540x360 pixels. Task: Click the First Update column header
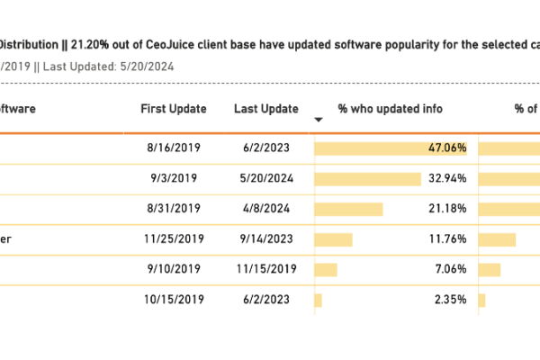point(174,109)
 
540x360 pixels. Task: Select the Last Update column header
point(265,109)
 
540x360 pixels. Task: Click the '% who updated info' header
point(390,109)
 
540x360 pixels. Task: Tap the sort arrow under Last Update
point(318,120)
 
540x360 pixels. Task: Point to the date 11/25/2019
point(170,239)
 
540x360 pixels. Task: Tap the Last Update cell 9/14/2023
point(265,239)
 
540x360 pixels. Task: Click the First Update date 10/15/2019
point(170,300)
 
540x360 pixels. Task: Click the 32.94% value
point(447,178)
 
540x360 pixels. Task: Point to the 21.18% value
point(447,209)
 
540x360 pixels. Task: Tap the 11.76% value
point(447,239)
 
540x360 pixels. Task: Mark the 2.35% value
point(450,300)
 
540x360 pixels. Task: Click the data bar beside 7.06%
point(325,269)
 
